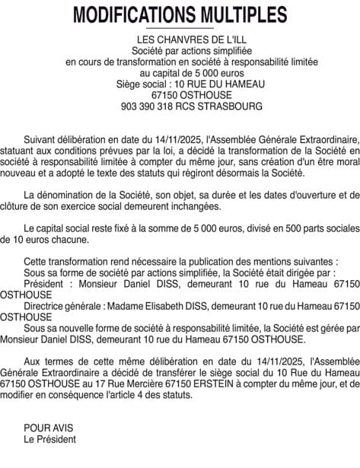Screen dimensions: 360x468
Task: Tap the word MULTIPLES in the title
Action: (x=238, y=15)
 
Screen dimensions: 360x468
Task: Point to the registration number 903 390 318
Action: (x=148, y=107)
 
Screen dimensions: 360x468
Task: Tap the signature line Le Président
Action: (x=49, y=439)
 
